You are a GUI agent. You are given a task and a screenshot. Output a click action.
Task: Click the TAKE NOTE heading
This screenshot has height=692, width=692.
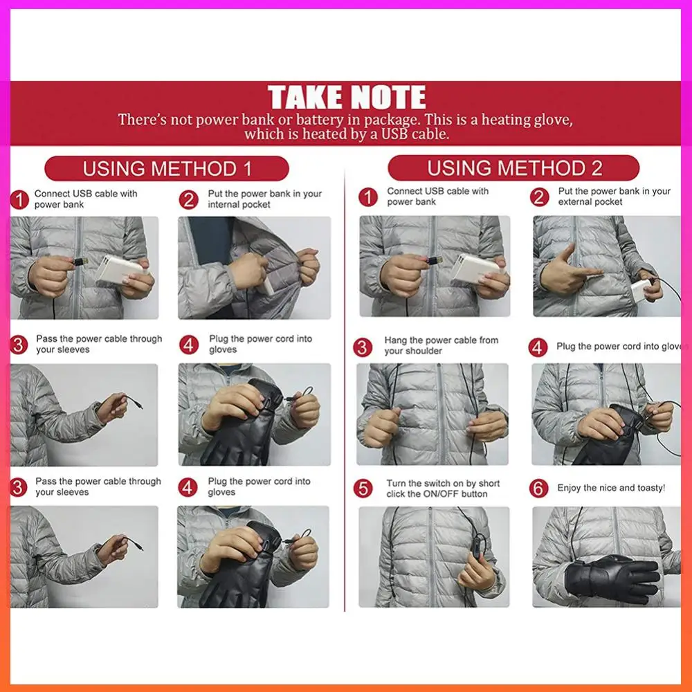pyautogui.click(x=347, y=98)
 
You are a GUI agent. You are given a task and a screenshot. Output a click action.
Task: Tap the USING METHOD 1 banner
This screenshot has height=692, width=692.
pyautogui.click(x=167, y=169)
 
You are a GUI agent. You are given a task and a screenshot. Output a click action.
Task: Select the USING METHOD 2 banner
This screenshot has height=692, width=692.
pyautogui.click(x=513, y=168)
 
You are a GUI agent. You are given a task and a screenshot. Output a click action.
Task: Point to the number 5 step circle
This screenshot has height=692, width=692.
pyautogui.click(x=363, y=489)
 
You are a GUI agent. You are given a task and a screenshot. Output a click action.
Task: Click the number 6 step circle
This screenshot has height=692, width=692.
pyautogui.click(x=539, y=488)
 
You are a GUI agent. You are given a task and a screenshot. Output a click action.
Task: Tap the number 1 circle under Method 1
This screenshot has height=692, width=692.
pyautogui.click(x=20, y=200)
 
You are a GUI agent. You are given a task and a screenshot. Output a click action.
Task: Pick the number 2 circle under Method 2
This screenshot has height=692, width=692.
pyautogui.click(x=539, y=197)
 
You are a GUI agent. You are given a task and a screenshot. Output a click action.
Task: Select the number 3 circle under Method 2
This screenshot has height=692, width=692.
pyautogui.click(x=363, y=347)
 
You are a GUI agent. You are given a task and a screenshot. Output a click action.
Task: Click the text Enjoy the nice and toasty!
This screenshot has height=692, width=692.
pyautogui.click(x=611, y=488)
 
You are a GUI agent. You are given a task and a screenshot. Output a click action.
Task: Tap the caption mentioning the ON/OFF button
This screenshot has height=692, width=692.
pyautogui.click(x=443, y=489)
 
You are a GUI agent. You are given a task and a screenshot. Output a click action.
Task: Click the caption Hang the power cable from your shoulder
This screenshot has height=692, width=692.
pyautogui.click(x=441, y=345)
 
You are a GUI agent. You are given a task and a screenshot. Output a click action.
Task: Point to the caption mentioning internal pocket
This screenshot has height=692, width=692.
pyautogui.click(x=264, y=199)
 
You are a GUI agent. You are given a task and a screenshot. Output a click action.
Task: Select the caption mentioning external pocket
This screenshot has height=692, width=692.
pyautogui.click(x=614, y=197)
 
